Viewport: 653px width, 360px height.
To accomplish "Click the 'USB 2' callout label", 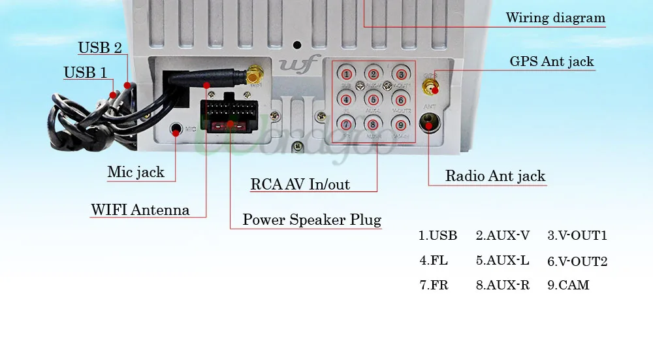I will tap(100, 48).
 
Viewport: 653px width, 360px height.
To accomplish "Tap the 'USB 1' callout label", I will tap(85, 73).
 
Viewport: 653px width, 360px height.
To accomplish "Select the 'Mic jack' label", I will tap(136, 172).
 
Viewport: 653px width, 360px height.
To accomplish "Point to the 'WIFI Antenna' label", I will tap(140, 210).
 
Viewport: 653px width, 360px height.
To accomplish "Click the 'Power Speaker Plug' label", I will tap(311, 220).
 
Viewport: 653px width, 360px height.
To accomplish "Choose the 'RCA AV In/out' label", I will tap(300, 184).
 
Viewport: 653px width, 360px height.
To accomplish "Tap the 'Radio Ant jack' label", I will tap(495, 176).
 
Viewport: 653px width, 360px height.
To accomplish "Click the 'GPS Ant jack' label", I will tap(552, 61).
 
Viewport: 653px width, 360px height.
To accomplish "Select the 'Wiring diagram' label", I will tap(556, 18).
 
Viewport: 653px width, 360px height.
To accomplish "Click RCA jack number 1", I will tap(346, 74).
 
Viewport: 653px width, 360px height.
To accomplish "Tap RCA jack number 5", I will tap(373, 99).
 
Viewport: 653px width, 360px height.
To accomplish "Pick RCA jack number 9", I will tap(400, 124).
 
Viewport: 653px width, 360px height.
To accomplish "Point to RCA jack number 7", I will tap(346, 124).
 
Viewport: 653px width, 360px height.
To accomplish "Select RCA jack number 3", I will tap(400, 74).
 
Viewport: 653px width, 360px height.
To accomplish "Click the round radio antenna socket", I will tap(430, 122).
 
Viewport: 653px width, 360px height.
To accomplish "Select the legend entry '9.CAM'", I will tap(568, 285).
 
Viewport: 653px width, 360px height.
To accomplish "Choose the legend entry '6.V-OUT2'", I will tap(577, 261).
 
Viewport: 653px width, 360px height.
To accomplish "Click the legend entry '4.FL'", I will tap(434, 260).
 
